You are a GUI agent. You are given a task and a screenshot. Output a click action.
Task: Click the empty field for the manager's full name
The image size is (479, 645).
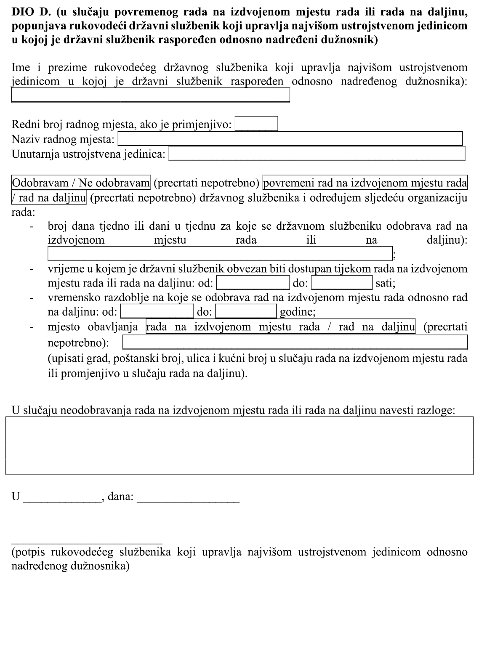coord(150,95)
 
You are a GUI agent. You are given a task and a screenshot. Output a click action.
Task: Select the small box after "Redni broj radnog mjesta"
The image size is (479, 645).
coord(256,124)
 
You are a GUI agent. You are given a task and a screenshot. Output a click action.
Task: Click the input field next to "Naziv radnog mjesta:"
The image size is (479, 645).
coord(290,138)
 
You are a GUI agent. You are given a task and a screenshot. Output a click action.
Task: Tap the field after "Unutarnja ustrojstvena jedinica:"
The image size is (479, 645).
coord(317,154)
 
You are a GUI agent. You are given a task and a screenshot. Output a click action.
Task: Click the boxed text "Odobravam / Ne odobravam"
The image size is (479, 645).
coord(81,183)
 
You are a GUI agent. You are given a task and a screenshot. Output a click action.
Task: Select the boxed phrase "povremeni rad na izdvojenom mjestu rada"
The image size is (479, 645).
coord(365,183)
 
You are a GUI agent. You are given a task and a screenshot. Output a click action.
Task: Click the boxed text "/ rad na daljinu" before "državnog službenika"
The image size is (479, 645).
coord(49,197)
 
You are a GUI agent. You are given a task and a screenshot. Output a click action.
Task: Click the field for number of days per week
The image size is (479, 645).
coord(220,254)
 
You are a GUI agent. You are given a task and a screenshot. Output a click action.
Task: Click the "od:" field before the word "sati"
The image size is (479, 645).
coord(253,282)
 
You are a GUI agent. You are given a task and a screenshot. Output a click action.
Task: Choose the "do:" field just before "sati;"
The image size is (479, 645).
coord(341,282)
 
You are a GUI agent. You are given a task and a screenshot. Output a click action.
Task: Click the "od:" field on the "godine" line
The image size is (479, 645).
coord(157,311)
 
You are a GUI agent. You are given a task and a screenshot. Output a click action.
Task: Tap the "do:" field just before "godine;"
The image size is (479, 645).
coord(246,311)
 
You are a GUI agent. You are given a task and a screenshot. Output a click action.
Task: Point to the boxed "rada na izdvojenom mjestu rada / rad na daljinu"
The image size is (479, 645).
coord(280,326)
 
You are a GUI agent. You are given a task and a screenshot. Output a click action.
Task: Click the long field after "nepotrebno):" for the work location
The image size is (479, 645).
coord(295,342)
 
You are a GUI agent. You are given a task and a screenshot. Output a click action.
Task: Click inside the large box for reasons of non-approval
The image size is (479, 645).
coord(239,446)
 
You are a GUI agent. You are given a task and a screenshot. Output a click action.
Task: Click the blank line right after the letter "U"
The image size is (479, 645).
coord(62,498)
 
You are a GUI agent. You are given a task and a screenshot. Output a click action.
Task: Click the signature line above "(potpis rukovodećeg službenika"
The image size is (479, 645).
coord(87,539)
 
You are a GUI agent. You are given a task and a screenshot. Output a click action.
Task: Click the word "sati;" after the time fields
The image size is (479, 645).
coord(385,283)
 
